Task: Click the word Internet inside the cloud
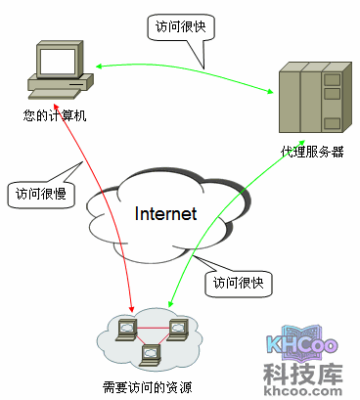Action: tap(165, 213)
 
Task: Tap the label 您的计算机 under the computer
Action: tap(56, 115)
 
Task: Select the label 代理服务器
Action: tap(311, 152)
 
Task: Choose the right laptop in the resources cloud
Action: tap(178, 328)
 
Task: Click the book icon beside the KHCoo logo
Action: tap(276, 341)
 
